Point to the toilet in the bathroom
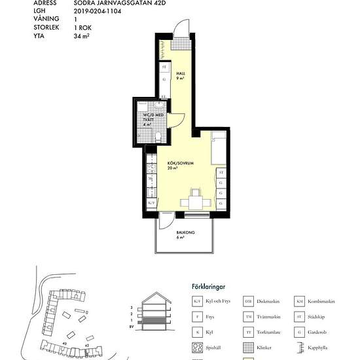[159, 135]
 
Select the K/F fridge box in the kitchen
[151, 204]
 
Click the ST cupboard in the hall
[164, 67]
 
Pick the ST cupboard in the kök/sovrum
[221, 172]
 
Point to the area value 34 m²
[82, 37]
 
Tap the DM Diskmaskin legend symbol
[248, 300]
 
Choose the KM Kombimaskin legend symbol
[299, 300]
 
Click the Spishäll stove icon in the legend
[196, 347]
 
